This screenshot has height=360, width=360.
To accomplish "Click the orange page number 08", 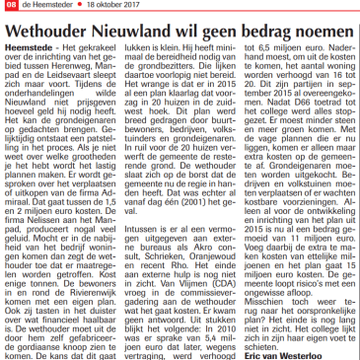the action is [7, 5].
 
